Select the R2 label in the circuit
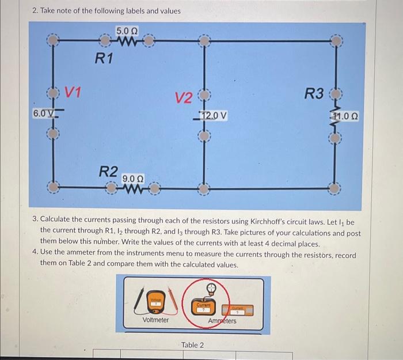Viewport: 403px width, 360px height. point(109,171)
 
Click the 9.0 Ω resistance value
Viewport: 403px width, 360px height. point(133,179)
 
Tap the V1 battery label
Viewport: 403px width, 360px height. point(73,92)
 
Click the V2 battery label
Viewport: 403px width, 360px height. point(185,98)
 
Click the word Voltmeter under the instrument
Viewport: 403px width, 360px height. point(155,320)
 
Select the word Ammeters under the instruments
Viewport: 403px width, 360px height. point(221,321)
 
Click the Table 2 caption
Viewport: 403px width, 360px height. point(192,344)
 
